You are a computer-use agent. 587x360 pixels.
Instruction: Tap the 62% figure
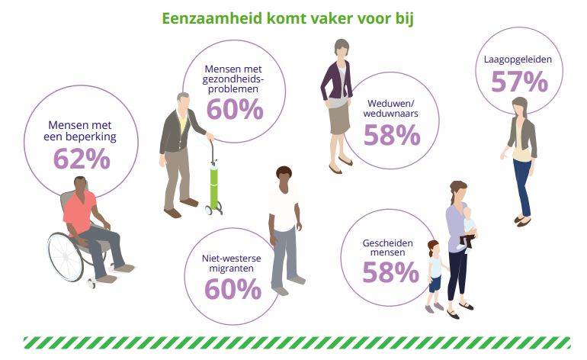[82, 159]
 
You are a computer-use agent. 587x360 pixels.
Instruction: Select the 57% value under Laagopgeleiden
[519, 82]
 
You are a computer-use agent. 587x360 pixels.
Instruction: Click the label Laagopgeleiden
[518, 59]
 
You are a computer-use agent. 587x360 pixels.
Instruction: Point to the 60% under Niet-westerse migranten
[233, 289]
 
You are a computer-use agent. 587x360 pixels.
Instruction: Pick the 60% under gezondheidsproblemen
[235, 109]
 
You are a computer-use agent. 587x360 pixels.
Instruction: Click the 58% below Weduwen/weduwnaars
[392, 135]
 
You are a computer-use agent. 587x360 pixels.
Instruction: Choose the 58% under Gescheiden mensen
[390, 272]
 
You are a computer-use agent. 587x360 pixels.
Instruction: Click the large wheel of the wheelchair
[66, 256]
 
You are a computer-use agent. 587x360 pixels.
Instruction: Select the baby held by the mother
[467, 228]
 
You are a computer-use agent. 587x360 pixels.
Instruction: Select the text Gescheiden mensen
[387, 248]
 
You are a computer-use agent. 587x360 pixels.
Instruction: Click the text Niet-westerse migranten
[231, 263]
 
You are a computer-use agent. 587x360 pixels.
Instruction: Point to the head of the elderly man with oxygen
[184, 101]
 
